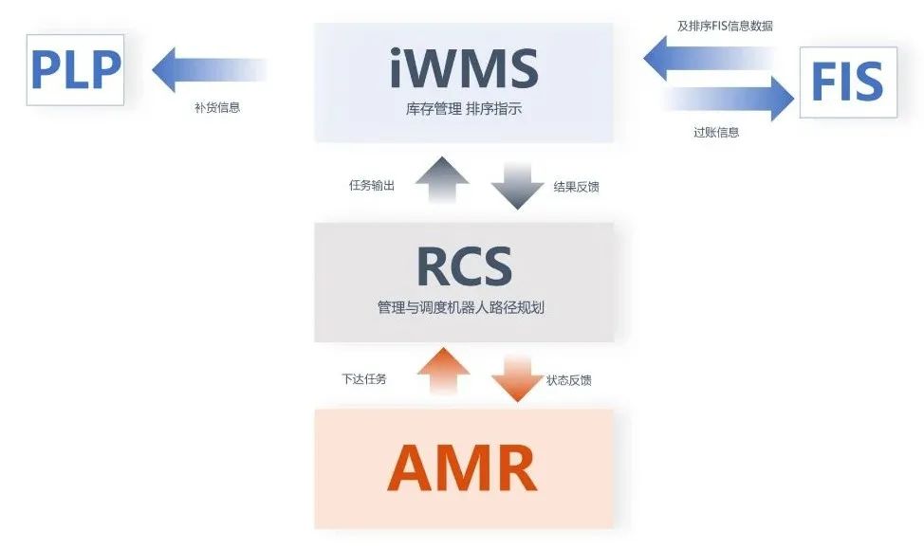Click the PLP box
pos(76,70)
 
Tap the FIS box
pos(847,82)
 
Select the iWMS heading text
pos(464,67)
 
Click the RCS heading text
pos(464,266)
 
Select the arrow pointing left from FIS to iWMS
pos(707,61)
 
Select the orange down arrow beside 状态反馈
pos(517,377)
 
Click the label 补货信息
pos(217,107)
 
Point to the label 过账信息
pos(716,133)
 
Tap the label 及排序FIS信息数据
pos(725,27)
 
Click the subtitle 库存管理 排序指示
pos(464,110)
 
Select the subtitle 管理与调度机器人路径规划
pos(464,308)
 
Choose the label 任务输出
pos(372,186)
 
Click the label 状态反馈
pos(569,380)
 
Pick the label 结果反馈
pos(576,187)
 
